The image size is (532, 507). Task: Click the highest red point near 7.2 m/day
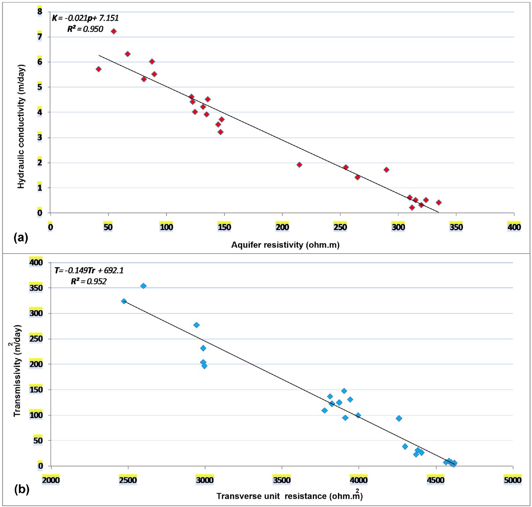click(113, 31)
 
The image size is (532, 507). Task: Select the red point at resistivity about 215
click(299, 165)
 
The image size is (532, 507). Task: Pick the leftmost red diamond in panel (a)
click(98, 69)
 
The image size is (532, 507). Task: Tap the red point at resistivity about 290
click(386, 170)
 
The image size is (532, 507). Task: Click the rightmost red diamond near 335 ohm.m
click(438, 203)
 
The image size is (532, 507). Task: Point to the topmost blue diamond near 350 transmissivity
click(143, 286)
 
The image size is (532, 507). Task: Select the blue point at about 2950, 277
click(196, 325)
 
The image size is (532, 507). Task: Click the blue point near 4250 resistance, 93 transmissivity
click(399, 419)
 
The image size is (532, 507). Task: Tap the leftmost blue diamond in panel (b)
click(124, 301)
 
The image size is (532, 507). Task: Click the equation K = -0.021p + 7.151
click(85, 18)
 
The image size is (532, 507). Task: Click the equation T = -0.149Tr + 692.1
click(89, 270)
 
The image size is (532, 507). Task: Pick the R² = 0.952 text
click(89, 281)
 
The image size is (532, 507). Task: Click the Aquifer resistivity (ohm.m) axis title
click(285, 245)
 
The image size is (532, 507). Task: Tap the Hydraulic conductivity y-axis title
click(21, 127)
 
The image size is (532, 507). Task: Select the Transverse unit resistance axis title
click(290, 496)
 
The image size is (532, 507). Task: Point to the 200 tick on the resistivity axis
click(282, 227)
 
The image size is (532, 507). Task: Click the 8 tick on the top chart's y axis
click(40, 11)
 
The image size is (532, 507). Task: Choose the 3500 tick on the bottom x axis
click(281, 480)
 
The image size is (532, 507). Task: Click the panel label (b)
click(22, 489)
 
